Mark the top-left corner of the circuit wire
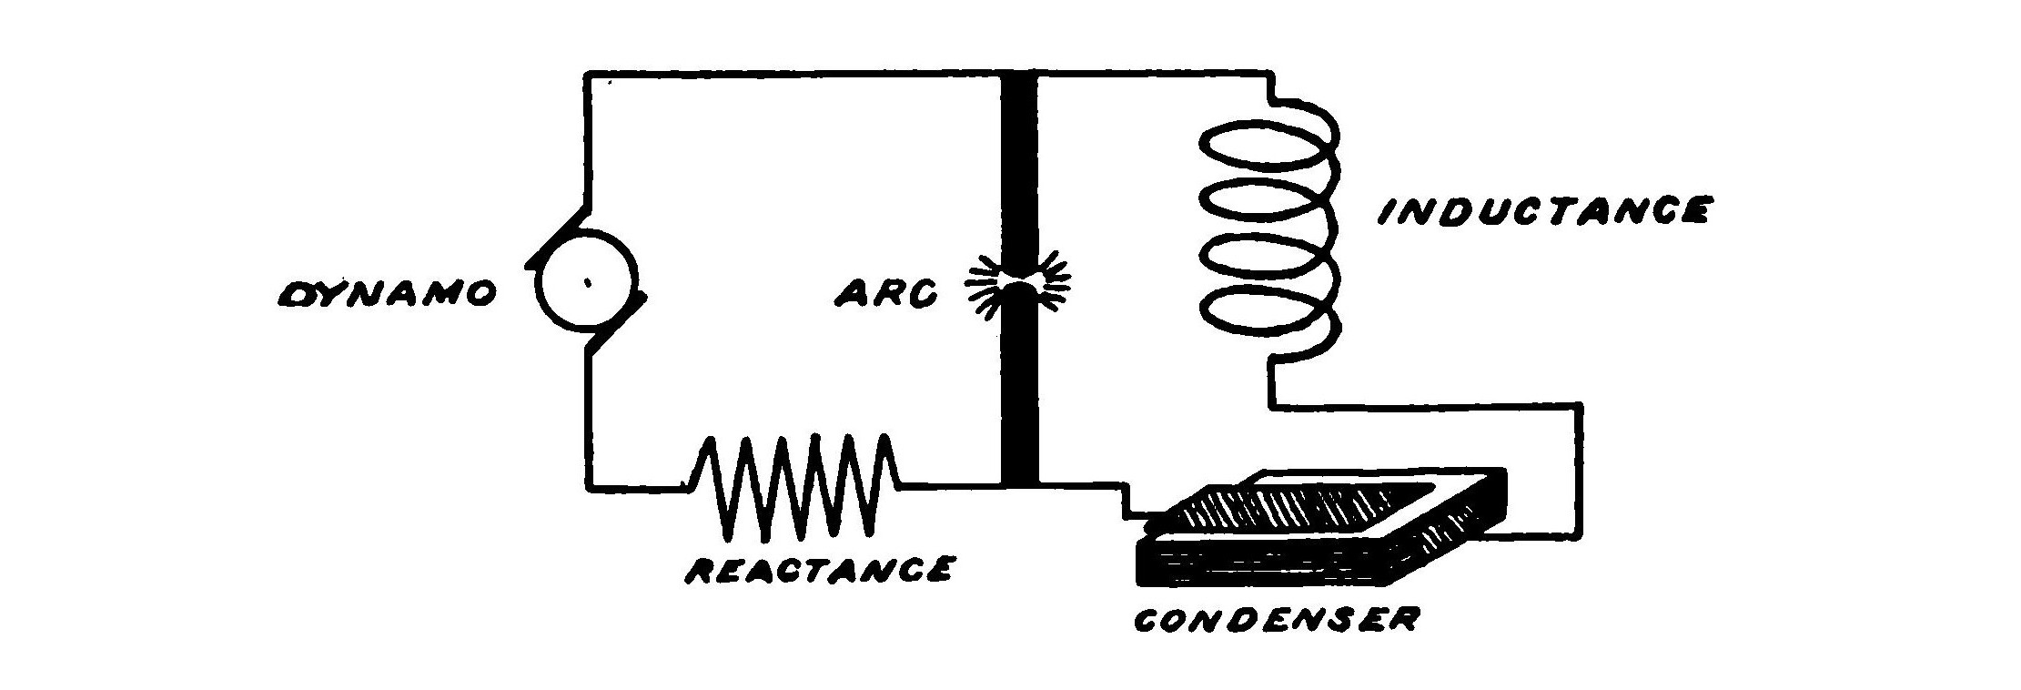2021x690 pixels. point(590,72)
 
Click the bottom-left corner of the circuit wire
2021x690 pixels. point(590,487)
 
